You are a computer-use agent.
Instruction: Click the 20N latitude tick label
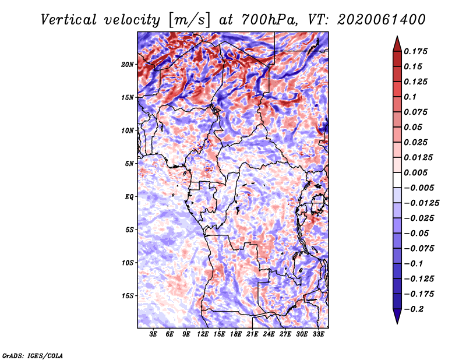(x=128, y=64)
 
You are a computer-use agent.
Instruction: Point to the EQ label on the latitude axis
(x=129, y=196)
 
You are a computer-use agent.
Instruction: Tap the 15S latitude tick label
(x=128, y=295)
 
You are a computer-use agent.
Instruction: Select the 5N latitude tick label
(x=129, y=163)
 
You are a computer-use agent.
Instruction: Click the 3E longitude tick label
(x=154, y=334)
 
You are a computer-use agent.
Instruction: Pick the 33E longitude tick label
(x=318, y=334)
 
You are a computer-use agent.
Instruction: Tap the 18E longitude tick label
(x=236, y=334)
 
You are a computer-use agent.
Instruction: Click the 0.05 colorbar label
(x=414, y=127)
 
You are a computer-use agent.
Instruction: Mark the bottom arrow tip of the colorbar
(x=397, y=322)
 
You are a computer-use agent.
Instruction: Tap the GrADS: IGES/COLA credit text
(x=32, y=354)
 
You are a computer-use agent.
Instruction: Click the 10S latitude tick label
(x=128, y=262)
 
